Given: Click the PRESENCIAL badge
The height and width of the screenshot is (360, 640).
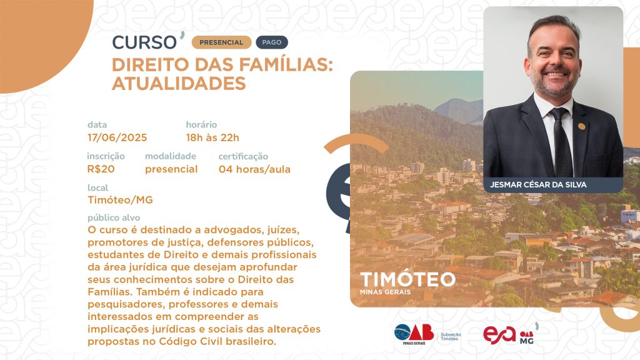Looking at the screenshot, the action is [x=221, y=42].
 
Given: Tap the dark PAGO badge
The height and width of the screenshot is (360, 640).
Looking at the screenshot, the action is [x=272, y=42].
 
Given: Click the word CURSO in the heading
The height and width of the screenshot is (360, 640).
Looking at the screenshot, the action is [x=144, y=42].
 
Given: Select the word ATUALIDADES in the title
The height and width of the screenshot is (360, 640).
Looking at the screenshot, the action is [x=179, y=83].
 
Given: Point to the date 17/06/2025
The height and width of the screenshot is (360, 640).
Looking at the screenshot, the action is [x=117, y=137].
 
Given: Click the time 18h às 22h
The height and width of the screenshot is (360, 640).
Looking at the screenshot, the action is [x=212, y=137].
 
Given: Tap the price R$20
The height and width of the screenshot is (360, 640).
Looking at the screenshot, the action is [x=101, y=169].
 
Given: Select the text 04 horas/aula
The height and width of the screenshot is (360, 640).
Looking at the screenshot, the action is [x=254, y=169].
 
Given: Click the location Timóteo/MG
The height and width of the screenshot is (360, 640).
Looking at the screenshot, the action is [x=120, y=200].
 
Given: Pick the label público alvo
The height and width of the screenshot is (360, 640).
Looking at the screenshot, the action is [x=114, y=217].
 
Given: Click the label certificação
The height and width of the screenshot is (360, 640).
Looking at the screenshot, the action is [x=243, y=156].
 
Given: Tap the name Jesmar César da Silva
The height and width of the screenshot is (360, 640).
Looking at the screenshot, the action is [x=538, y=185].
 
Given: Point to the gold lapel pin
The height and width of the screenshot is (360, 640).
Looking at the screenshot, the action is [x=582, y=126].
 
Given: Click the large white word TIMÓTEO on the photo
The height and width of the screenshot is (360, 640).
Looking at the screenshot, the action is [x=407, y=279].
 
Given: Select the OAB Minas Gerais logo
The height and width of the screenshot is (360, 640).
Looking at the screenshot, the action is [x=414, y=334].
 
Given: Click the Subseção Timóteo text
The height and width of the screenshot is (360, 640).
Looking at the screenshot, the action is [x=451, y=337].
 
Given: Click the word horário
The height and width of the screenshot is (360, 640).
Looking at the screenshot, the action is [x=201, y=124].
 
